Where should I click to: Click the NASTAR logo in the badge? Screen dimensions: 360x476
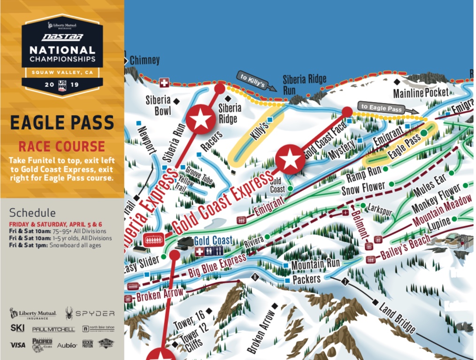click(x=62, y=37)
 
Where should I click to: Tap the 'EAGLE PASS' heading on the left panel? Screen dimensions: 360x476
click(x=62, y=123)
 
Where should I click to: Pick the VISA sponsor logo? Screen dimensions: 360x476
click(x=17, y=345)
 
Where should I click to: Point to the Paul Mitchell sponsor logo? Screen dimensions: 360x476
click(x=53, y=329)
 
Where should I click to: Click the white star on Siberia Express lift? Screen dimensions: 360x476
click(x=201, y=118)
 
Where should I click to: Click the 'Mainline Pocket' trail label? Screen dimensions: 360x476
click(x=421, y=92)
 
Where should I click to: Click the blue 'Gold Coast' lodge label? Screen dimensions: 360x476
click(x=213, y=240)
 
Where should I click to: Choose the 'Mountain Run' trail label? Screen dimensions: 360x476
click(x=315, y=264)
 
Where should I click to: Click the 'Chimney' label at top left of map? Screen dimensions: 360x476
click(x=145, y=61)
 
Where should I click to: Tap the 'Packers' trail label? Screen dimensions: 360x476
click(x=306, y=280)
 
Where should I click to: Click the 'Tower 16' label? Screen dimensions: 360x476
click(x=188, y=319)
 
